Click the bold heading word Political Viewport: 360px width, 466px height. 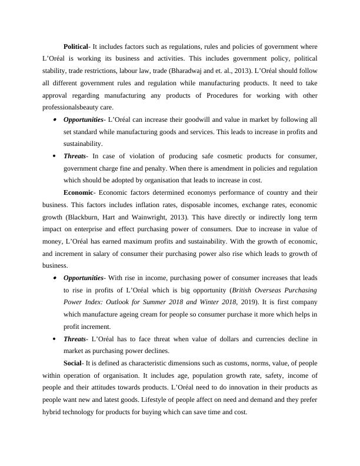(x=75, y=46)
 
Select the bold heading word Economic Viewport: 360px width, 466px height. (x=78, y=192)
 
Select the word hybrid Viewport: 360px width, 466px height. (x=54, y=412)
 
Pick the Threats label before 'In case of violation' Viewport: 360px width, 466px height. (x=74, y=156)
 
